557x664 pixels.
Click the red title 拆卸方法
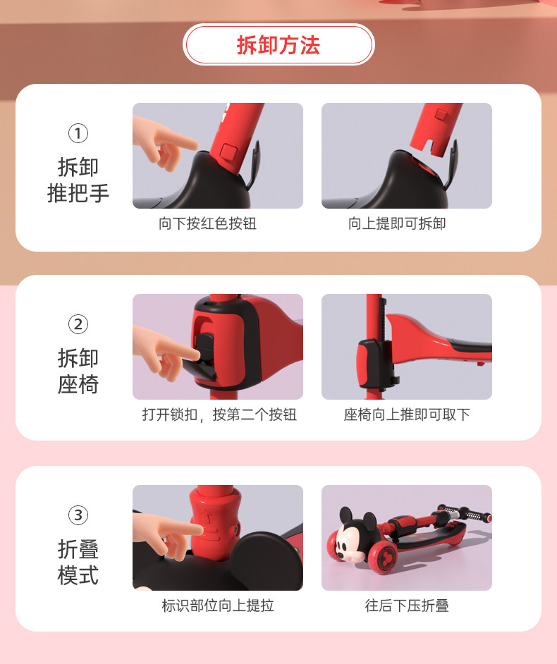[278, 45]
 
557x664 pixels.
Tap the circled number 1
[78, 133]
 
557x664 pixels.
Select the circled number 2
[78, 324]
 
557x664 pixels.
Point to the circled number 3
[78, 515]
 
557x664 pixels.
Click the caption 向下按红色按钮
[207, 223]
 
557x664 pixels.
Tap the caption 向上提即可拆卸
[397, 223]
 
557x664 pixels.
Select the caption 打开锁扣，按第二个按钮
[219, 414]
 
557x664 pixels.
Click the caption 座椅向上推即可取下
[407, 414]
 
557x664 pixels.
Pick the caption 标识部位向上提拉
[218, 605]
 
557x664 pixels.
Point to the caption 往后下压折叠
[407, 605]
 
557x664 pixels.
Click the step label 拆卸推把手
[78, 180]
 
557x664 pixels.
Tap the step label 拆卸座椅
[78, 371]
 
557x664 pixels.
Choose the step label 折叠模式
[78, 562]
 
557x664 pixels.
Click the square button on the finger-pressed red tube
[230, 152]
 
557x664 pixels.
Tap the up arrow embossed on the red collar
[207, 516]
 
